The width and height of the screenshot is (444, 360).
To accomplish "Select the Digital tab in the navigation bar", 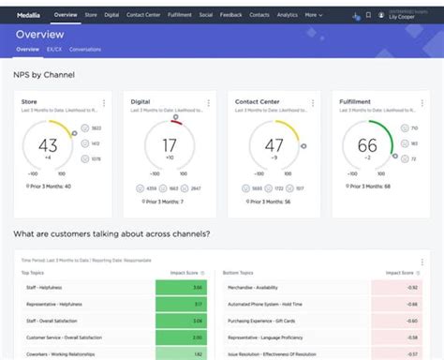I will (111, 15).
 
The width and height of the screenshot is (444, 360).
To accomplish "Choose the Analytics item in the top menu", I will (288, 15).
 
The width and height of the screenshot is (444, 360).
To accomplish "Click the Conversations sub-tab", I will (85, 49).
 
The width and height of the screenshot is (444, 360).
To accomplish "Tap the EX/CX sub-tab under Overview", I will (54, 49).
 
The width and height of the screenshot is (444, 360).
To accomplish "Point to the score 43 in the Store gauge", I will (49, 146).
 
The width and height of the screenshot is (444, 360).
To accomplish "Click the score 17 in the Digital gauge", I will (170, 146).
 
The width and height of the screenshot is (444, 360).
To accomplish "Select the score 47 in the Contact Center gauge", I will (274, 146).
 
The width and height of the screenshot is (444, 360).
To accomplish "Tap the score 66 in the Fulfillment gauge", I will (367, 146).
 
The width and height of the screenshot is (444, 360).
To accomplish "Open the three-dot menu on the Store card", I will (104, 103).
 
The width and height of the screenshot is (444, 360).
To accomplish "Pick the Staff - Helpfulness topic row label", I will (44, 286).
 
